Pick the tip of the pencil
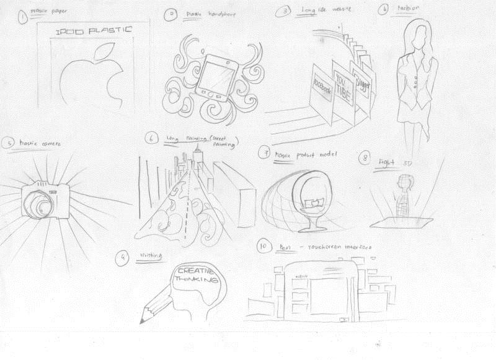(142, 322)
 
